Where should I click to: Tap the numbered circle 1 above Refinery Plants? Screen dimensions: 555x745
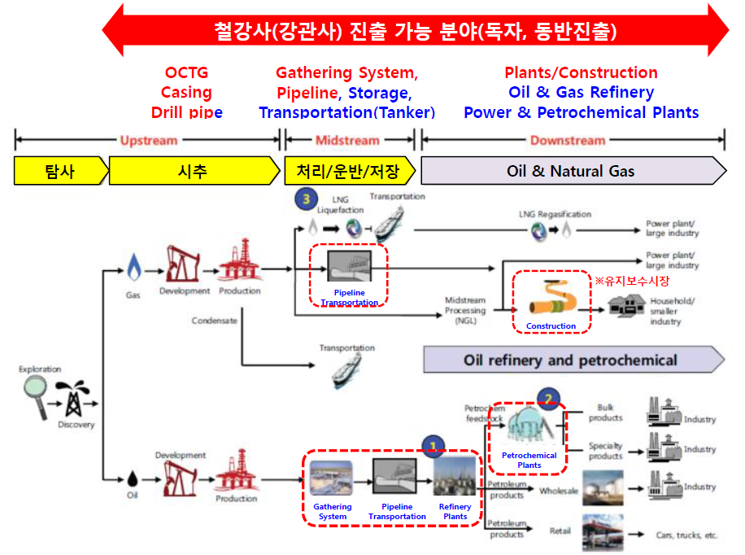point(433,444)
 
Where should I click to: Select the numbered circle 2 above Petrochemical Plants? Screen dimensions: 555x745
point(550,399)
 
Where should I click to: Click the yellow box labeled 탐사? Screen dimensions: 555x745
point(59,171)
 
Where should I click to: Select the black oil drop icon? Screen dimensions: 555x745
point(133,475)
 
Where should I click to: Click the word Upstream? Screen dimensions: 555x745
point(148,140)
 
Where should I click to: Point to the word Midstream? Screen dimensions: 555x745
point(348,140)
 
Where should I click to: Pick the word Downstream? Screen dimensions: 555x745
point(568,140)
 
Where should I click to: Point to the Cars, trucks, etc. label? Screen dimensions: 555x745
point(686,535)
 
